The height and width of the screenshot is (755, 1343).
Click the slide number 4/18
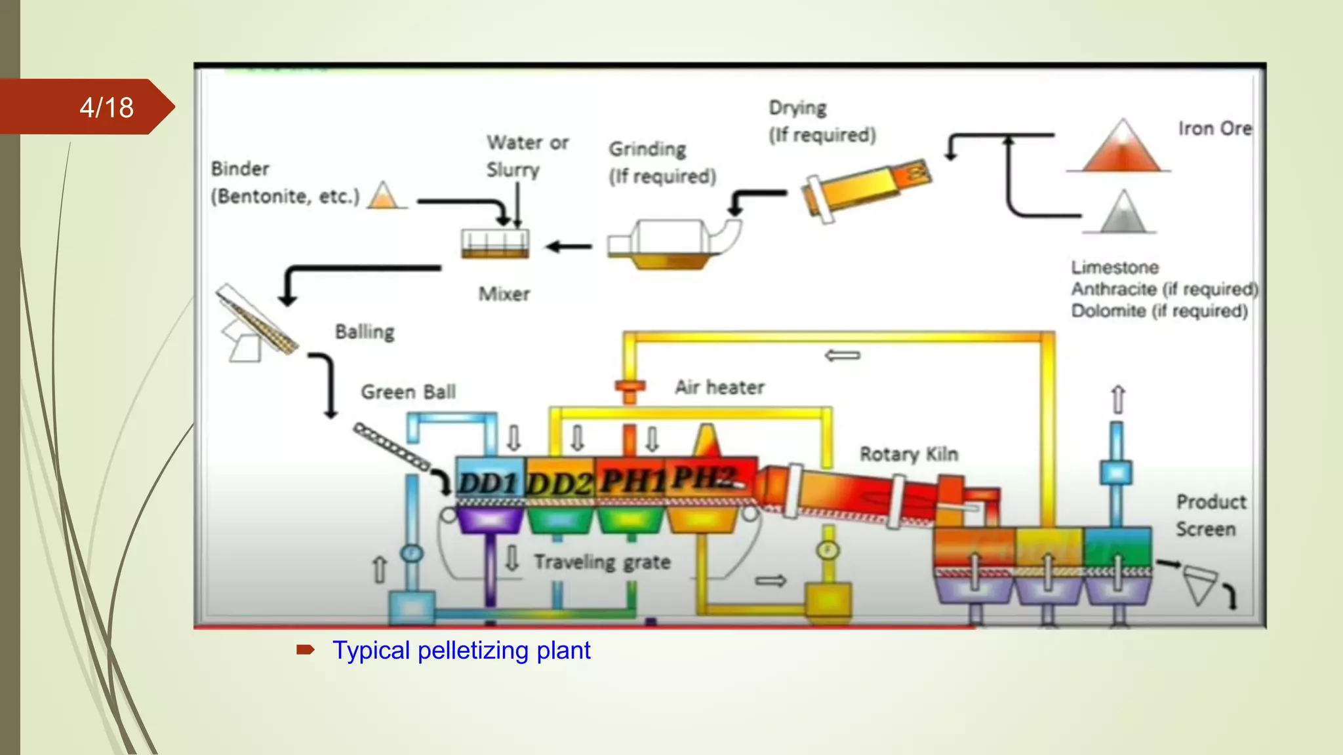106,107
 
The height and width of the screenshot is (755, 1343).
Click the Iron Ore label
1214,128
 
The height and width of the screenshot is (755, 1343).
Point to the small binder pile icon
383,196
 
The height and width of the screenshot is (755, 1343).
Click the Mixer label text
504,294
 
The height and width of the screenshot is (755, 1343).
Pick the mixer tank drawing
495,244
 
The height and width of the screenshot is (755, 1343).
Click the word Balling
365,332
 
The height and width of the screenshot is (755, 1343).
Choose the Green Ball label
408,392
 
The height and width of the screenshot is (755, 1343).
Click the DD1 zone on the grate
489,483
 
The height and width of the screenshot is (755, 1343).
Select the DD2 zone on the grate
560,484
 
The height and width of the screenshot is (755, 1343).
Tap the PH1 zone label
631,481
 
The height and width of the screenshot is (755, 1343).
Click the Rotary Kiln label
908,454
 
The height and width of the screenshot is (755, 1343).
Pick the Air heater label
719,387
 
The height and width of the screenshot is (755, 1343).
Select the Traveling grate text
602,562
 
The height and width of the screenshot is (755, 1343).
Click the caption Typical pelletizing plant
461,650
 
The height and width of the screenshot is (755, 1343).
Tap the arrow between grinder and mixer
569,246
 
